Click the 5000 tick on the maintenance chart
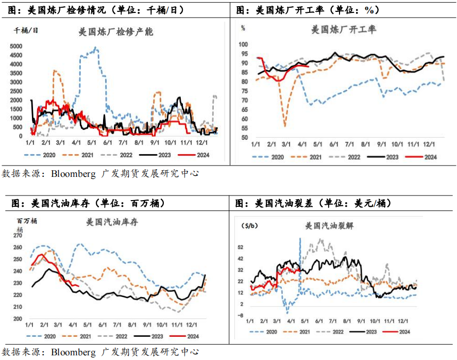15,46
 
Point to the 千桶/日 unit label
26,29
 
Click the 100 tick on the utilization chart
244,45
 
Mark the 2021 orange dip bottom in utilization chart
285,125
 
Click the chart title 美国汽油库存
112,223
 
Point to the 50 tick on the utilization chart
244,138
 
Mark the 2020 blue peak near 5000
95,47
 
